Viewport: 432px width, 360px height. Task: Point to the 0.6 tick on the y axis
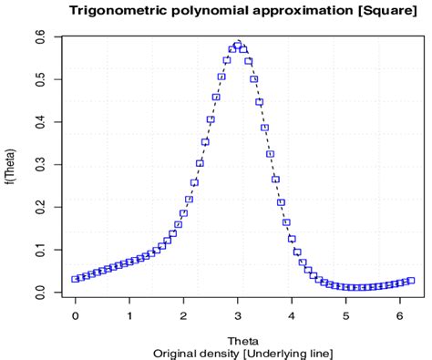tap(44, 36)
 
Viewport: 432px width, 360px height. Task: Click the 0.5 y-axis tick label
tap(44, 78)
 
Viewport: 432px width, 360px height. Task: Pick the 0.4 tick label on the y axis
tap(44, 121)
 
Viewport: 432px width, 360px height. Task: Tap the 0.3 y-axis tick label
tap(44, 164)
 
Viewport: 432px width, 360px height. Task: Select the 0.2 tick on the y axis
tap(44, 207)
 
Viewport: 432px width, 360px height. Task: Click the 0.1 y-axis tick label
tap(44, 250)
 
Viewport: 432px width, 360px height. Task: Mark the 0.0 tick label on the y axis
tap(44, 293)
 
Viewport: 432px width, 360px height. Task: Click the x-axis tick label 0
tap(75, 314)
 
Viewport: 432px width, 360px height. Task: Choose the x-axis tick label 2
tap(183, 314)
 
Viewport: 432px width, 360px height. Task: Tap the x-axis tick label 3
tap(238, 314)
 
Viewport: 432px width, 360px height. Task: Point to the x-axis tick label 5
tap(345, 314)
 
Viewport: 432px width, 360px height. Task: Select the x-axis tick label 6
tap(399, 314)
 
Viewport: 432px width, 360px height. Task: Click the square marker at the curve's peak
tap(238, 44)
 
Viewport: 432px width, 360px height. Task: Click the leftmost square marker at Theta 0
tap(75, 279)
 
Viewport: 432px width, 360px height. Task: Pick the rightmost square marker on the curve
tap(411, 281)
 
